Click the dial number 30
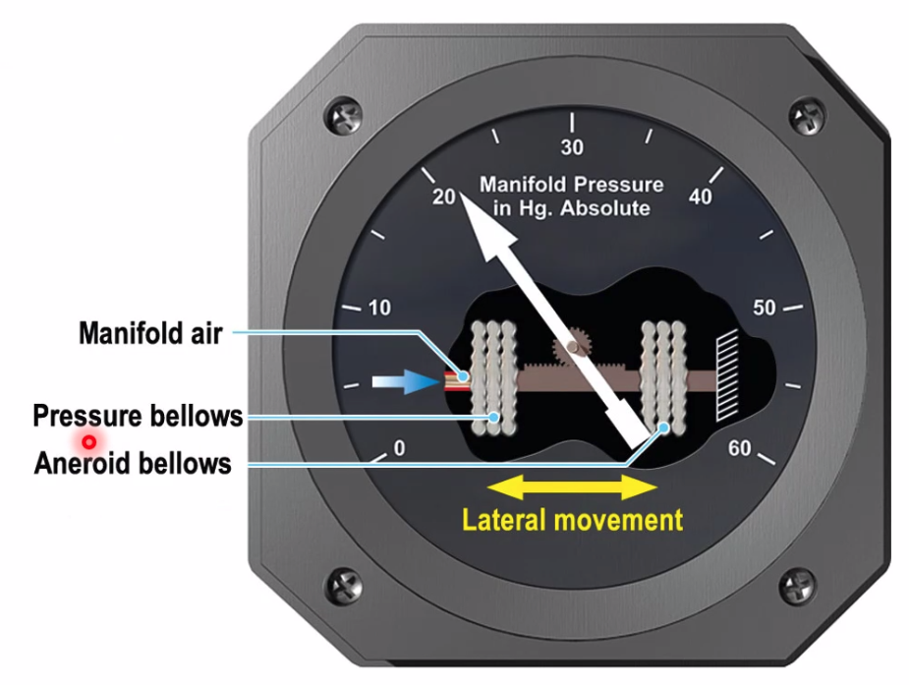point(571,148)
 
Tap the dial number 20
point(444,196)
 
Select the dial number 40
point(701,197)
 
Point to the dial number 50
point(764,308)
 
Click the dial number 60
point(739,449)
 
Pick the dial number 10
point(379,308)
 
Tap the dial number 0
point(399,449)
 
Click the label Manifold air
point(149,333)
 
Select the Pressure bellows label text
point(138,416)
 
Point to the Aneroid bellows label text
point(133,462)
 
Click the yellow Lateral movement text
point(572,520)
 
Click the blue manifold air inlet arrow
point(403,382)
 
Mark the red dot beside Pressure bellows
point(88,442)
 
